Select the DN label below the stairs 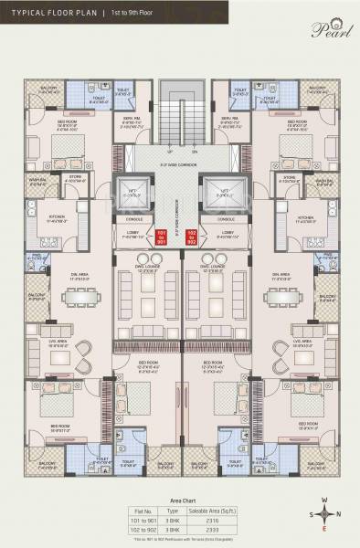point(194,153)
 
